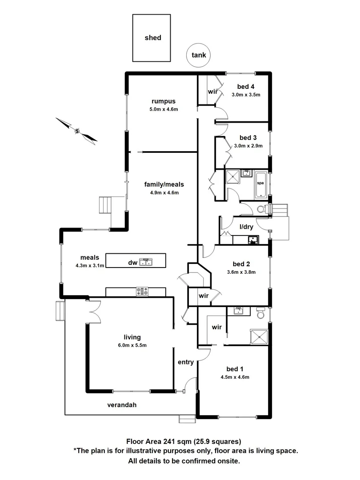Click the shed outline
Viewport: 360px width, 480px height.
click(152, 38)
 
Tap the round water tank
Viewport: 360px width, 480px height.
click(198, 55)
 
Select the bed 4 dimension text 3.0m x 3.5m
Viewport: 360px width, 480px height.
click(246, 94)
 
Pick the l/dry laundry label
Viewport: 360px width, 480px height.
click(246, 227)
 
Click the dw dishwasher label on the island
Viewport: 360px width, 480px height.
click(132, 263)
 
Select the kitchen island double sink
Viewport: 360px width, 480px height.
click(146, 261)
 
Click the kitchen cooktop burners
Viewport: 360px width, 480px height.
click(142, 292)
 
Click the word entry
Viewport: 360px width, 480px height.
click(186, 362)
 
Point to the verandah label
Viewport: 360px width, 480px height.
click(121, 405)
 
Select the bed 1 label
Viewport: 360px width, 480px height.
click(235, 369)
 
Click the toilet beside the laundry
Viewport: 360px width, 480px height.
click(262, 209)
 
